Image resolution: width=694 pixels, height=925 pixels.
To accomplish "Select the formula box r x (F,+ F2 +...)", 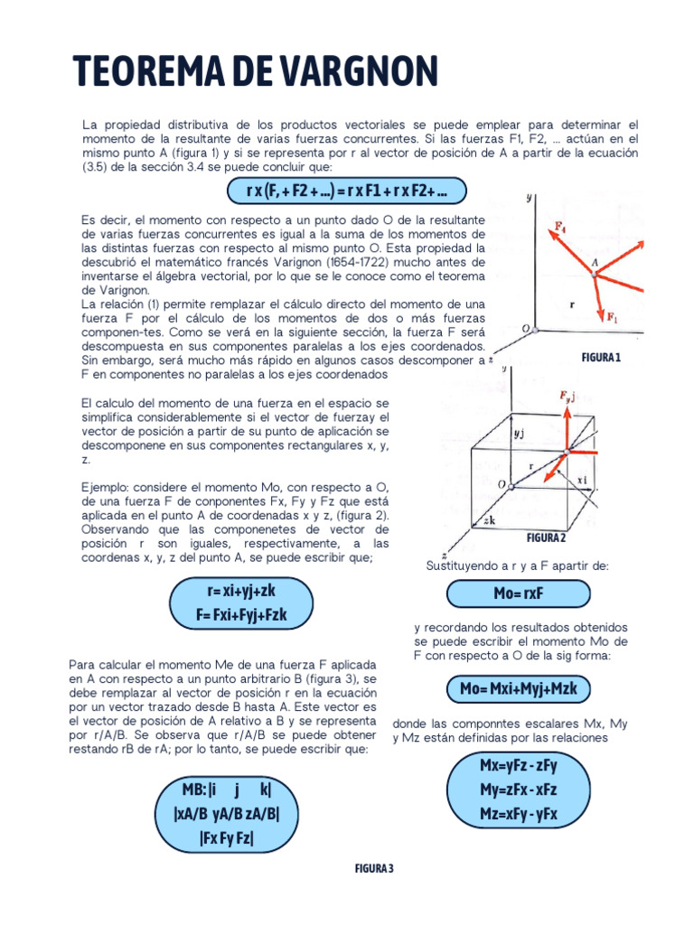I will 347,192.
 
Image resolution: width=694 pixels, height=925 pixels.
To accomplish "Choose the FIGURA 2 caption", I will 546,538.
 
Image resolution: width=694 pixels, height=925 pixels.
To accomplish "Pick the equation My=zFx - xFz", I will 518,790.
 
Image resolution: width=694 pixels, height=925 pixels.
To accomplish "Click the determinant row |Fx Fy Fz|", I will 227,837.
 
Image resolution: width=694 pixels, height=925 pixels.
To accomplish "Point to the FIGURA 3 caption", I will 373,868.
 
